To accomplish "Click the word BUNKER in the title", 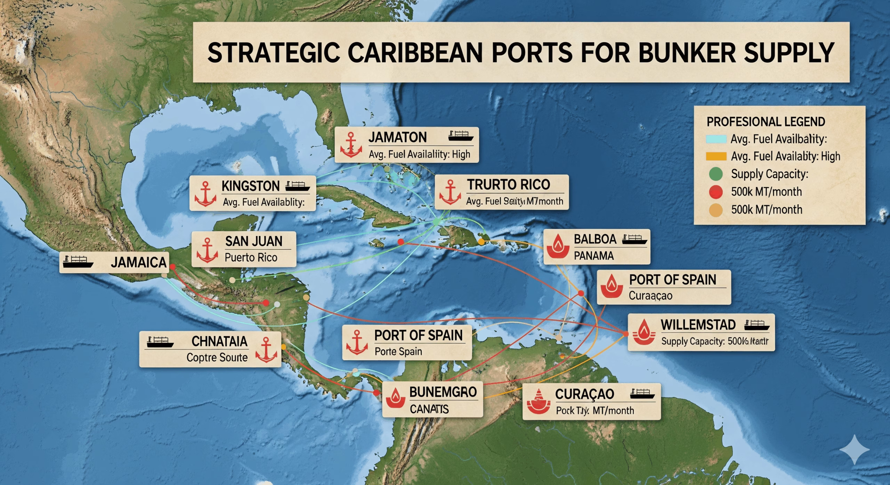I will click(687, 53).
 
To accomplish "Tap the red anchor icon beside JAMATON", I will click(351, 145).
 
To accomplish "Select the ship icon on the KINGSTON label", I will click(297, 186).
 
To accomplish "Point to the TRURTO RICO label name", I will click(508, 184).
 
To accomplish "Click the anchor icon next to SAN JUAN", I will click(207, 250).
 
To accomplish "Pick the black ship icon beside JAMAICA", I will click(78, 261).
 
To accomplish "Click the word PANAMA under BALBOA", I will click(593, 256).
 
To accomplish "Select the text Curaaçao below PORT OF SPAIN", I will click(650, 296).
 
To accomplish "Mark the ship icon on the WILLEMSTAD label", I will click(757, 325).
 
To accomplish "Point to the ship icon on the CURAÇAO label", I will click(642, 394).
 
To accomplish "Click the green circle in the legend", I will click(716, 174).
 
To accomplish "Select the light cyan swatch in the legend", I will click(716, 139).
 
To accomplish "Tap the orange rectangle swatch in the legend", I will click(716, 156).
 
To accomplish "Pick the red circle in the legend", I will click(716, 192).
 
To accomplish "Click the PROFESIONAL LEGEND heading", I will click(766, 122).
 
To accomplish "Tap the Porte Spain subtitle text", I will click(398, 352).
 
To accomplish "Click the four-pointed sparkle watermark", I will click(855, 449).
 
